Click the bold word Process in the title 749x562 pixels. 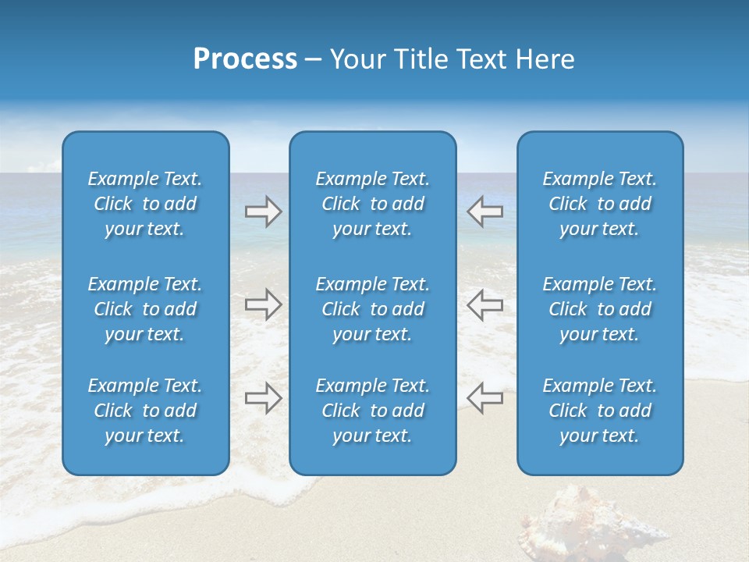(245, 59)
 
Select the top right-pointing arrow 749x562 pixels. (263, 212)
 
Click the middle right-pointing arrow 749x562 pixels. (263, 304)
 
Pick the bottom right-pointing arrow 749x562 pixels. (263, 398)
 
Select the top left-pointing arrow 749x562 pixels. (485, 212)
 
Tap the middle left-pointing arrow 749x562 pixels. (485, 304)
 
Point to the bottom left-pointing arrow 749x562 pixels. (485, 398)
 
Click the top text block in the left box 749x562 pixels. (145, 204)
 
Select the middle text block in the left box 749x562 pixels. (145, 309)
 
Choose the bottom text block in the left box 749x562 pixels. (145, 411)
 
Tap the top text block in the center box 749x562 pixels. (373, 204)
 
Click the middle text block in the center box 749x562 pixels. (373, 309)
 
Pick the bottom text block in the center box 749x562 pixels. (373, 411)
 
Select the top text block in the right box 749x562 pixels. (600, 204)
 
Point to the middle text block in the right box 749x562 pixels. (600, 309)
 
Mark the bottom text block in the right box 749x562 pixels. (600, 411)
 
